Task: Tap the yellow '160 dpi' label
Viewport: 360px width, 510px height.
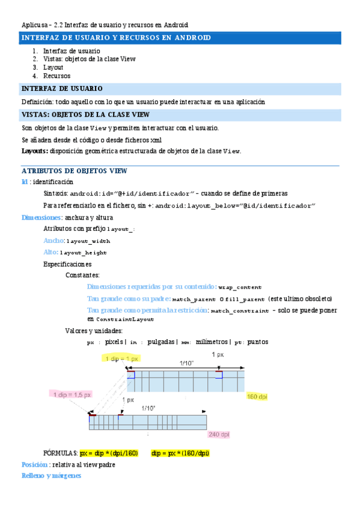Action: pos(257,396)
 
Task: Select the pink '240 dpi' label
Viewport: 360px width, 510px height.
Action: pos(219,434)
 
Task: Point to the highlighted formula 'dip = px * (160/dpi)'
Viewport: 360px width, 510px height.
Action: pos(180,453)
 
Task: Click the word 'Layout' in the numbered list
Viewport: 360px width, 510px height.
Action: pos(53,67)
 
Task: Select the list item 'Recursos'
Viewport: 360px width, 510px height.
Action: pos(56,76)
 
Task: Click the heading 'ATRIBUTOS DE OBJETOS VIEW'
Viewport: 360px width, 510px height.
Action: pos(74,171)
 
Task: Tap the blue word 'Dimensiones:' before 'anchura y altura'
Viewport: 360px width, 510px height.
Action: pos(42,218)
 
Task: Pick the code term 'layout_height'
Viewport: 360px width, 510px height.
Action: pos(83,253)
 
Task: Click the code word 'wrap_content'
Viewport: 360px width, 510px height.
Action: pos(240,287)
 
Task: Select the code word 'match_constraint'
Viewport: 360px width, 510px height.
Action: pos(240,311)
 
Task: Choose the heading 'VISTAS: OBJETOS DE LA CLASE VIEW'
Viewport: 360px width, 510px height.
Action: pos(85,115)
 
